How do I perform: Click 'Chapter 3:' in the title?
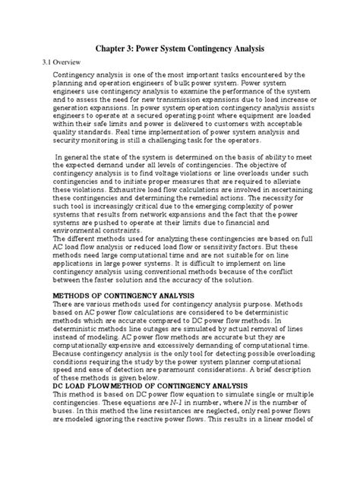118,48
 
